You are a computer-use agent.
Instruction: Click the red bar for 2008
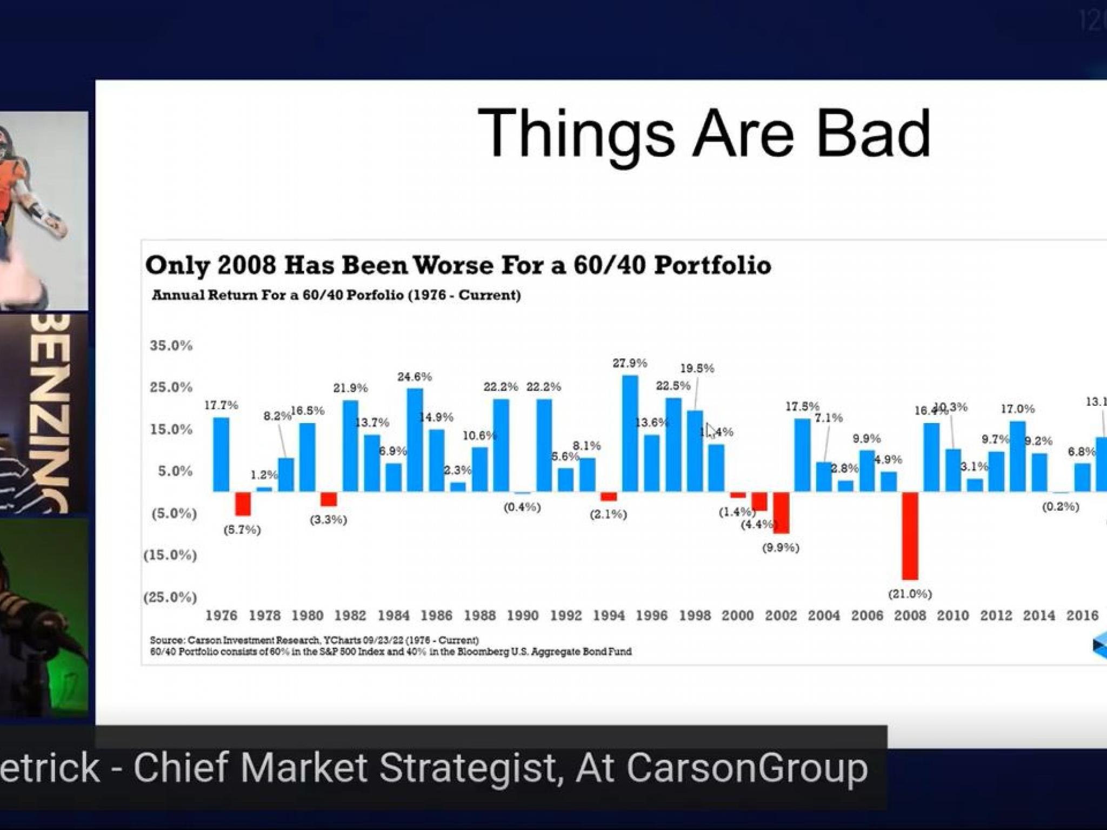coord(910,535)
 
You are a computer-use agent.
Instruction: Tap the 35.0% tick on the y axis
coord(171,346)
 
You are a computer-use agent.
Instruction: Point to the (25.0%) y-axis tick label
coord(170,597)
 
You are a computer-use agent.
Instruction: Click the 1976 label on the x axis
coord(221,615)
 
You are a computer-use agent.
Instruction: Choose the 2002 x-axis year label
coord(781,615)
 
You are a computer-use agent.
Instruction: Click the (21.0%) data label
coord(910,594)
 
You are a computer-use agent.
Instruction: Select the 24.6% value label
coord(415,377)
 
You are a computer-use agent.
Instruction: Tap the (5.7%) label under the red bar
coord(242,530)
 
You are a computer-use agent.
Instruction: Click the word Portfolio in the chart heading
coord(712,265)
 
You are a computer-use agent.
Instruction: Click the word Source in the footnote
coord(166,640)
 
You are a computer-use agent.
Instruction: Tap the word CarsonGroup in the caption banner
coord(747,768)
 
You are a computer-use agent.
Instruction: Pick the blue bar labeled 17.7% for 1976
coord(221,454)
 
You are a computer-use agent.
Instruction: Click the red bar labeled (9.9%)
coord(781,512)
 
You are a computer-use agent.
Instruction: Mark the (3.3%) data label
coord(328,520)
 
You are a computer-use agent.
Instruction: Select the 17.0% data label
coord(1017,409)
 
